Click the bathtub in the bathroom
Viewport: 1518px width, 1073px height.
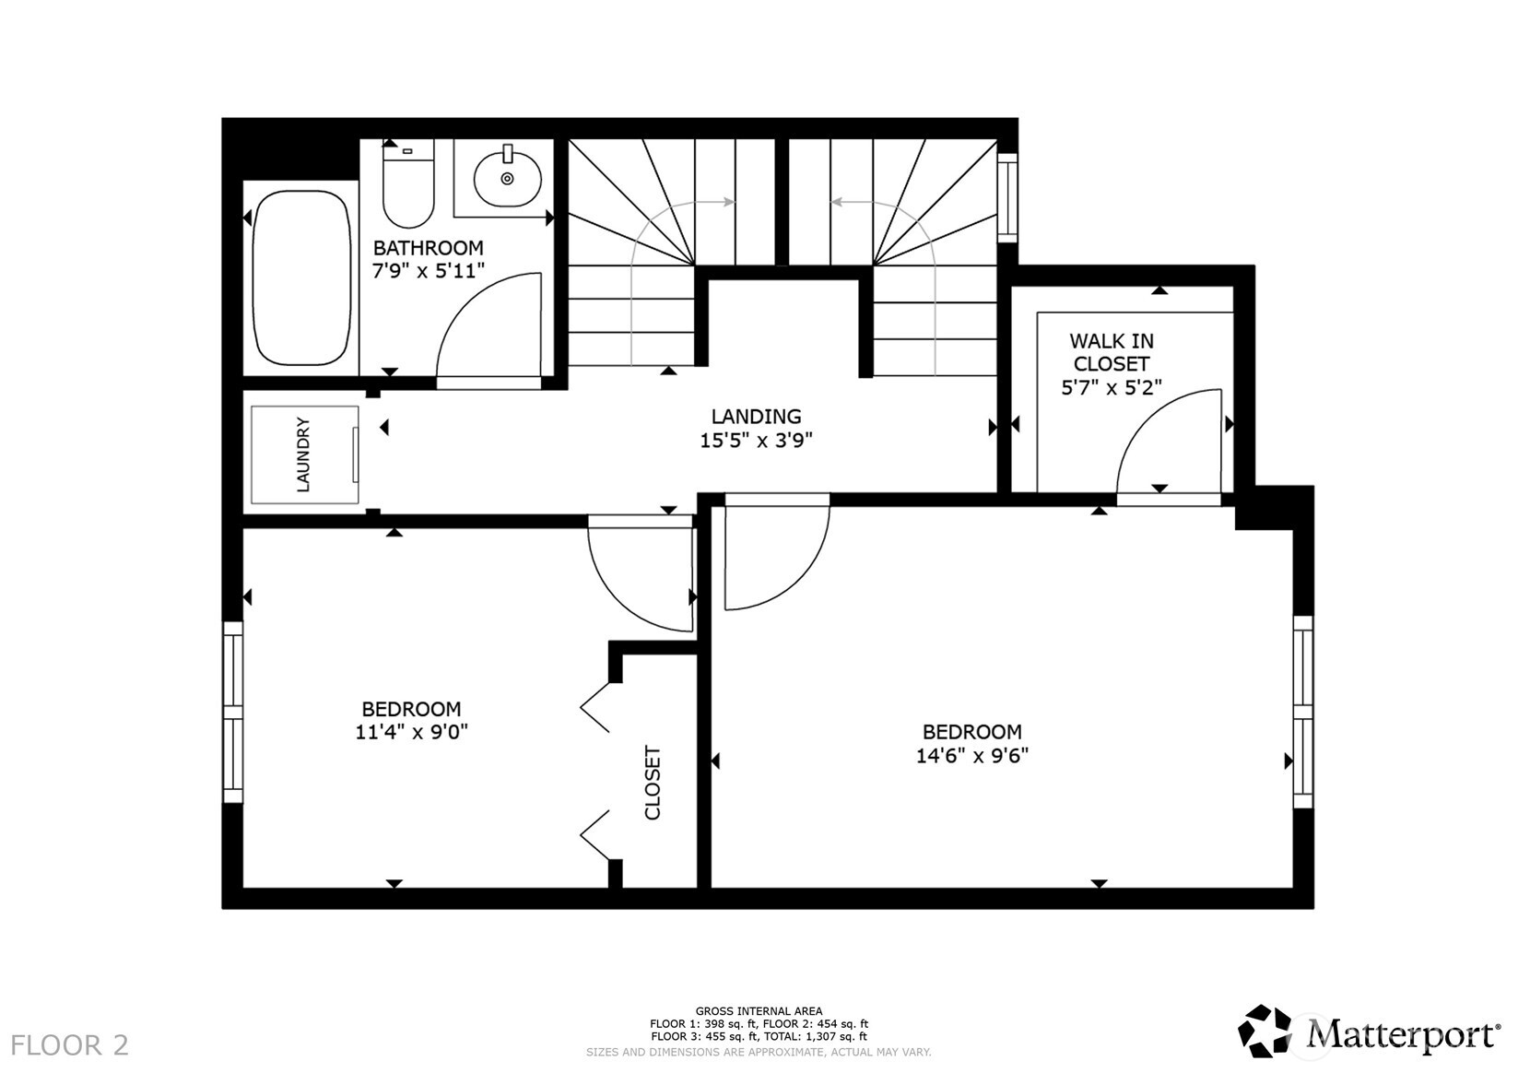click(300, 278)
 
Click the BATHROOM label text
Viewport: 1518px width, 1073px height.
click(428, 248)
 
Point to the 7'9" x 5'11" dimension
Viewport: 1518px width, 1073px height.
click(428, 270)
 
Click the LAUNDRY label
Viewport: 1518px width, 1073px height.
click(303, 454)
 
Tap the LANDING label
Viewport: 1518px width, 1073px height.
click(756, 417)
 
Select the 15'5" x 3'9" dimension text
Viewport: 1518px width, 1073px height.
click(756, 441)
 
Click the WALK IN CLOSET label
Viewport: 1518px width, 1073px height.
click(1111, 352)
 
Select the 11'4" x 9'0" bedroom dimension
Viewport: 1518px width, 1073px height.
click(411, 733)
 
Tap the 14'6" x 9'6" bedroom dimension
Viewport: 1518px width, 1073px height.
click(971, 756)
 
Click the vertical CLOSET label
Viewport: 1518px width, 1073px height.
click(653, 783)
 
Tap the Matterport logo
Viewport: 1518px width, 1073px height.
click(1368, 1032)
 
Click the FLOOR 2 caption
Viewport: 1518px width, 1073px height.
click(70, 1045)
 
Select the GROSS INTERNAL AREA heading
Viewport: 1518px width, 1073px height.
click(759, 1011)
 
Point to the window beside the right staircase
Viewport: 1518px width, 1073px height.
click(1007, 197)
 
